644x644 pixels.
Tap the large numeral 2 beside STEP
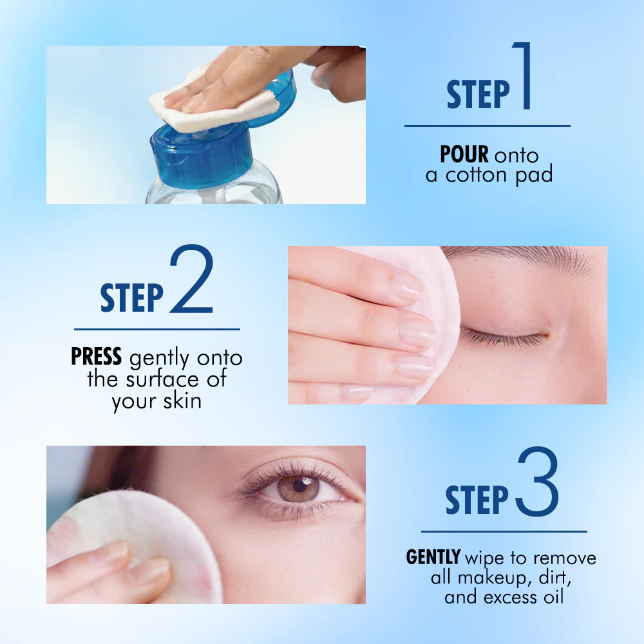(192, 279)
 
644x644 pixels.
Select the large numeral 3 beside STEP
(538, 481)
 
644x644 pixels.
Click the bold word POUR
(464, 155)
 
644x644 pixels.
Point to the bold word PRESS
(97, 356)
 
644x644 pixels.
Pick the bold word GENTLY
(433, 557)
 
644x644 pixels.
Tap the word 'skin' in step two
(182, 401)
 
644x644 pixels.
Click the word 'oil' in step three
(554, 596)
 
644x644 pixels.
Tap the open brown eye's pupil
(300, 486)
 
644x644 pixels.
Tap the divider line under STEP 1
(487, 126)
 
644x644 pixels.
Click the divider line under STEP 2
(157, 329)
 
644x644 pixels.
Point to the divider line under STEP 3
(504, 531)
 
